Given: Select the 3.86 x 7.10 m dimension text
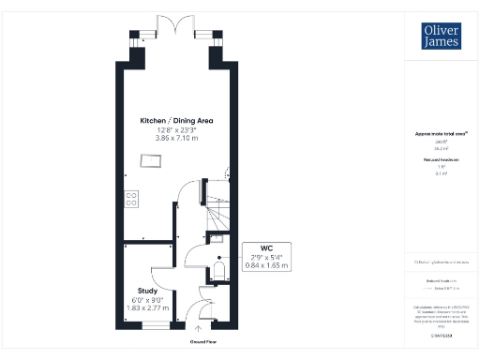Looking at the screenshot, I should [174, 137].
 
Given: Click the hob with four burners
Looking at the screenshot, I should [130, 199].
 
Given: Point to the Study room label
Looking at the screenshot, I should [147, 291].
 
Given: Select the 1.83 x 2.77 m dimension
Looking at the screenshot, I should [147, 307].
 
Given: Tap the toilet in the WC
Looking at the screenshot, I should [218, 271].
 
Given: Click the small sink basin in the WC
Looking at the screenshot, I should [217, 240].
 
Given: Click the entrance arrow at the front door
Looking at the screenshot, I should [197, 330].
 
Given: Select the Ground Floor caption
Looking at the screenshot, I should [197, 343].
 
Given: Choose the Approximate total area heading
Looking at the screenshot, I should [440, 134].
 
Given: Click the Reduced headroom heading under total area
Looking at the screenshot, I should [440, 160].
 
